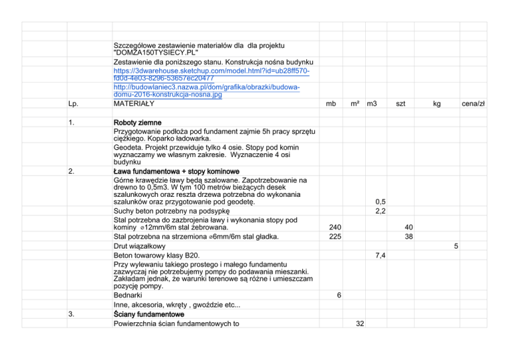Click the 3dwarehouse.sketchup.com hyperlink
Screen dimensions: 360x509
[211, 70]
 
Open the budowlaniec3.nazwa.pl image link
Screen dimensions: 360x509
[206, 91]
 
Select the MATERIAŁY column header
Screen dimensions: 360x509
[134, 104]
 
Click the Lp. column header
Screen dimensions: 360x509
[74, 104]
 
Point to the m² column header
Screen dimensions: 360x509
[355, 104]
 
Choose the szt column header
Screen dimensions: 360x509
[401, 104]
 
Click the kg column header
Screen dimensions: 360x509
[437, 104]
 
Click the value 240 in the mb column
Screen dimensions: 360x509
[335, 227]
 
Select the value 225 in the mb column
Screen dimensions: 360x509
[335, 236]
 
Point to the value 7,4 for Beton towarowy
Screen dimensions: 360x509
[380, 255]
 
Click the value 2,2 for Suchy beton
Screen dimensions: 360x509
[380, 211]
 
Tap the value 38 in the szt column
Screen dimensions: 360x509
[410, 236]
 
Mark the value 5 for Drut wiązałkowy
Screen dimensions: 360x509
[456, 246]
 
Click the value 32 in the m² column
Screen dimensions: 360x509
[359, 323]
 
